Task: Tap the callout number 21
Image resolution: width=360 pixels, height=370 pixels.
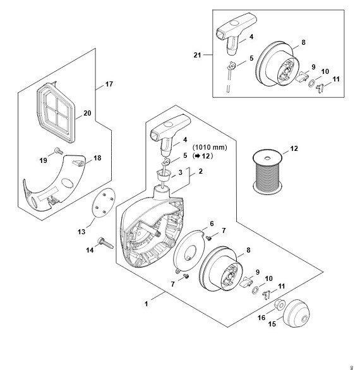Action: (x=197, y=55)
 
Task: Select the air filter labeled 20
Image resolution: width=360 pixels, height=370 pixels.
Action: (x=56, y=113)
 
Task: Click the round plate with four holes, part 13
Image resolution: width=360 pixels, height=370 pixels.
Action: (x=104, y=203)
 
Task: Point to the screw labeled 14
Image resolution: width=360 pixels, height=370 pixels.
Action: (x=105, y=243)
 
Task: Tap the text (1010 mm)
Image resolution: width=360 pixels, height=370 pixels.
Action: (x=210, y=148)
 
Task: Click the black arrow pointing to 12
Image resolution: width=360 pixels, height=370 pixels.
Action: (x=196, y=156)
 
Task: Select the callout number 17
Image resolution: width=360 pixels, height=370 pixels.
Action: (x=109, y=84)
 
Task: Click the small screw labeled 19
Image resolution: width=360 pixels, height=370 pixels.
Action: (x=59, y=151)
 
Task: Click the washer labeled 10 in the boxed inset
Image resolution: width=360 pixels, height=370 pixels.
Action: (x=311, y=83)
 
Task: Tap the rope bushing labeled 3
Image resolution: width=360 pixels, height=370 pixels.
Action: (x=163, y=176)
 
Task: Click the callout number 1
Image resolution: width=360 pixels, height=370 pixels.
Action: (x=146, y=304)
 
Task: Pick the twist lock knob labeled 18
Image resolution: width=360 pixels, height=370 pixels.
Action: (x=78, y=163)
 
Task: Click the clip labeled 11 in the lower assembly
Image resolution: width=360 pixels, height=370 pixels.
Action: (x=266, y=295)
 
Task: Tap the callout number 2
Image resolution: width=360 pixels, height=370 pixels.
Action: (x=200, y=171)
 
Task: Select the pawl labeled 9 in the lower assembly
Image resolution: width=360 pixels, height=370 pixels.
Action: (x=246, y=281)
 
